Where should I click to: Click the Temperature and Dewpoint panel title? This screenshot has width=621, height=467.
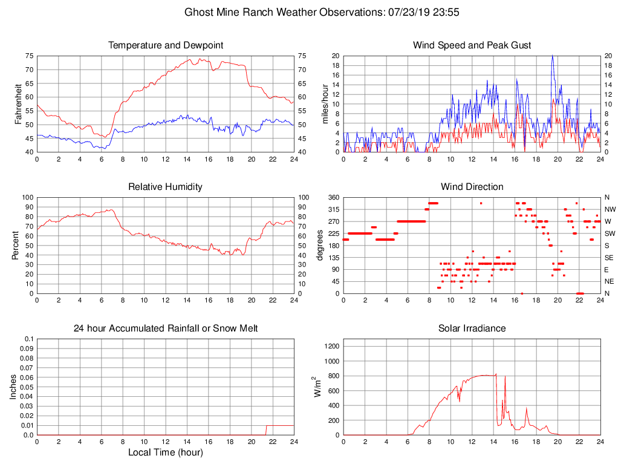tap(166, 45)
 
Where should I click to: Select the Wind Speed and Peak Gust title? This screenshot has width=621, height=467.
tap(472, 45)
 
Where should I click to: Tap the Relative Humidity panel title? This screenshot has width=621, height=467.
tap(165, 187)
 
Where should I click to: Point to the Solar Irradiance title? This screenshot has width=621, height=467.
tap(472, 328)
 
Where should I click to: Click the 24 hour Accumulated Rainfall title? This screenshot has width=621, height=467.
tap(166, 328)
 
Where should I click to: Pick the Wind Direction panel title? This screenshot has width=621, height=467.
tap(472, 187)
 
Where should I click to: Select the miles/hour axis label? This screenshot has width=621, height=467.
tap(325, 104)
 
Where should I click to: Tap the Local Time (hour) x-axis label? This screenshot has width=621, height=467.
tap(165, 452)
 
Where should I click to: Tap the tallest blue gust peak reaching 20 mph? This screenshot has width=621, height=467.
tap(552, 56)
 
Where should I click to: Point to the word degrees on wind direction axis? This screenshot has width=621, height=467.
tap(320, 245)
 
